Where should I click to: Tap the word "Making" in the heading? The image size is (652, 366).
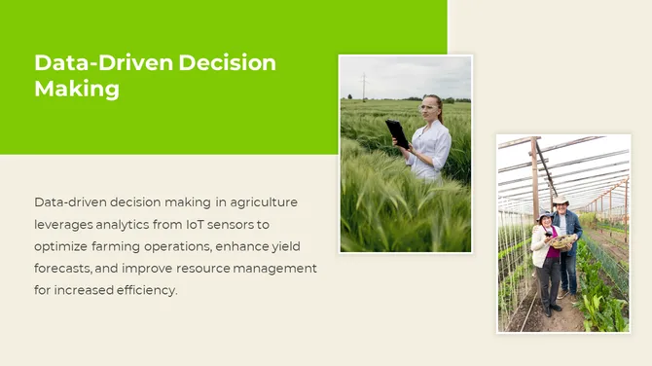77,89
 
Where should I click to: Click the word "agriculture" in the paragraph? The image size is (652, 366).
264,202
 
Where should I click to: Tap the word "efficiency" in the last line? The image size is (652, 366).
145,290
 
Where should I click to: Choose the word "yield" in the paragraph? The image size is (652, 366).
301,246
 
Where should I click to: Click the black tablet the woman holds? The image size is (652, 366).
397,132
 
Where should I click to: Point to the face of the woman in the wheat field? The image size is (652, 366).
431,107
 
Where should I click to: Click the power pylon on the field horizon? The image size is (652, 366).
364,86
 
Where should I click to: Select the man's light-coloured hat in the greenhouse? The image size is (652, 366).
560,200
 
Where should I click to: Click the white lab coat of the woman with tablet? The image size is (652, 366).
432,149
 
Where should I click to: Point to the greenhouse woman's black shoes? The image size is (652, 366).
550,311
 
